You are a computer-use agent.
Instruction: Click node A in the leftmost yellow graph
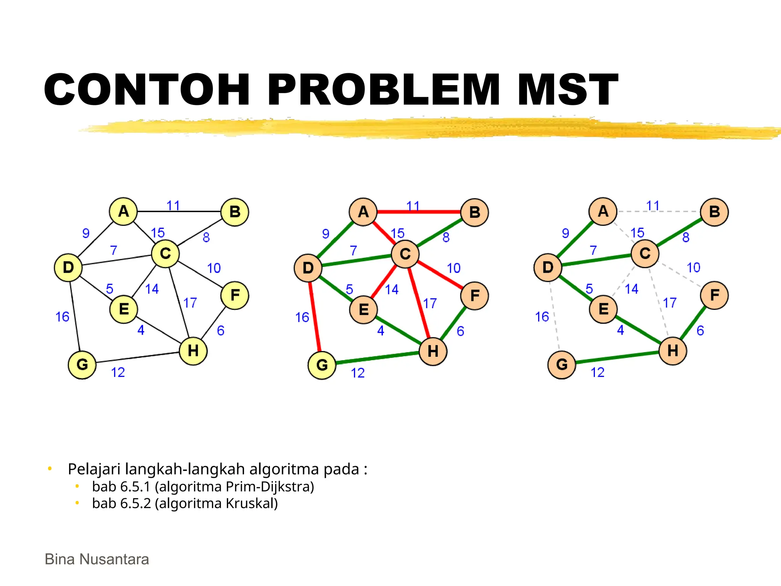(123, 211)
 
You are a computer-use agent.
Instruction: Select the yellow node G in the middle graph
(322, 365)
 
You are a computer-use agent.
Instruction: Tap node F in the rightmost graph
(714, 295)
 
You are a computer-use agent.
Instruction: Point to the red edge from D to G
(315, 317)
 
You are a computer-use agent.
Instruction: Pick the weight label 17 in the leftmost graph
(190, 303)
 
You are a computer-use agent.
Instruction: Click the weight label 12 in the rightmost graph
(597, 372)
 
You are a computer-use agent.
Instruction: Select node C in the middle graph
(405, 254)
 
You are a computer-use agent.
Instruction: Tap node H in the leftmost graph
(193, 351)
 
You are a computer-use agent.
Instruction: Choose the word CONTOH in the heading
(147, 90)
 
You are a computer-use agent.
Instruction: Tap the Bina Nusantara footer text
(97, 559)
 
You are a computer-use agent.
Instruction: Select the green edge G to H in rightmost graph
(618, 357)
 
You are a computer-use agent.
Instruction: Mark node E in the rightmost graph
(603, 309)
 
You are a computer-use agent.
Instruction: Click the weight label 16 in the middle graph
(302, 317)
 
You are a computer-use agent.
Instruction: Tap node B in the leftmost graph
(235, 212)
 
